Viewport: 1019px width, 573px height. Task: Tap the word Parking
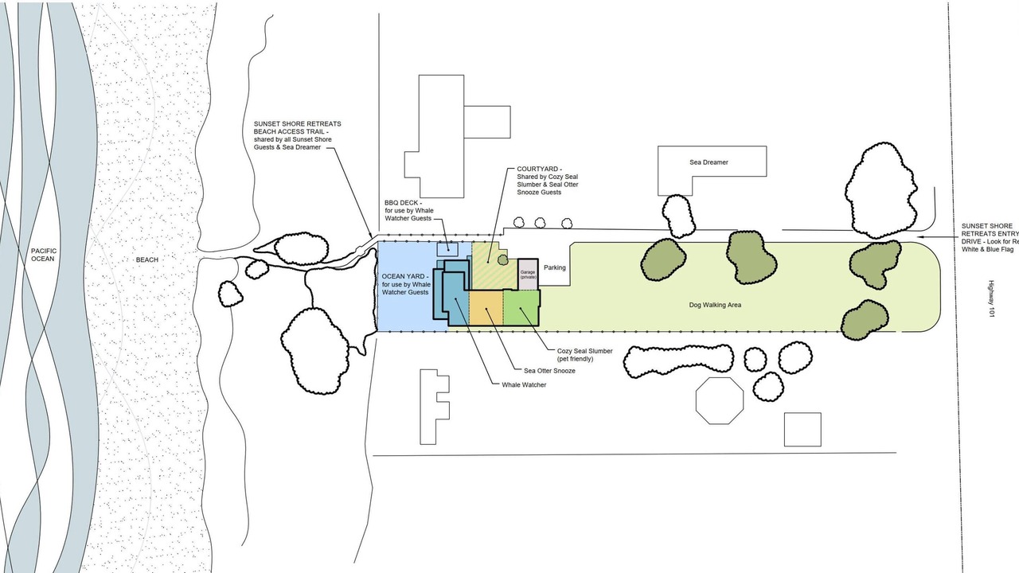[555, 267]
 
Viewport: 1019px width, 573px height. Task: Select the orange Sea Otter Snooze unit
[486, 307]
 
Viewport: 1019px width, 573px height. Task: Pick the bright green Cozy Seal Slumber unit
[521, 307]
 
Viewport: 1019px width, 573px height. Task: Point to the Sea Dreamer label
[709, 162]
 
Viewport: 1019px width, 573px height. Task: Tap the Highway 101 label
[991, 300]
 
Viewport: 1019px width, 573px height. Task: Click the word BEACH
[147, 259]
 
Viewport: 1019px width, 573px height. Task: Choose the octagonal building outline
[719, 401]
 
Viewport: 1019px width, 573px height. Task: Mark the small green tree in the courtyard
[502, 259]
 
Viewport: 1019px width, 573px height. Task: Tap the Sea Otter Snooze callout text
[549, 371]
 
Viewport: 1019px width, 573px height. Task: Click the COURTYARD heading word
[537, 169]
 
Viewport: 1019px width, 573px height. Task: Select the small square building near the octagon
[802, 429]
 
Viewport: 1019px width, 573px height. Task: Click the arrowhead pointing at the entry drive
[919, 236]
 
